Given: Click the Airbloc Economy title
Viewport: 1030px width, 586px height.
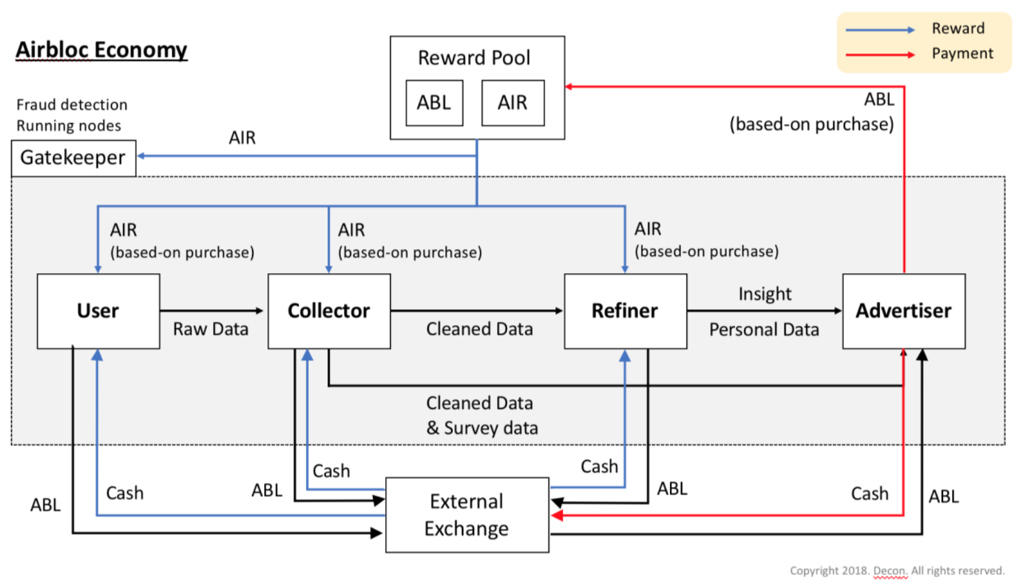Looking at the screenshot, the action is tap(102, 50).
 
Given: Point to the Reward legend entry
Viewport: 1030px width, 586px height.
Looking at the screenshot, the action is tap(915, 29).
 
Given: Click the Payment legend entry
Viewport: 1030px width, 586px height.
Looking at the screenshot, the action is tap(920, 54).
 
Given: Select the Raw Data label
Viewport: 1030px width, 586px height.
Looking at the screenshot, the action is tap(210, 329).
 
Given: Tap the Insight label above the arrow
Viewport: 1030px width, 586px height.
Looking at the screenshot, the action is tap(765, 294).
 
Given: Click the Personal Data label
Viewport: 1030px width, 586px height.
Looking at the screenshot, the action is tap(765, 329).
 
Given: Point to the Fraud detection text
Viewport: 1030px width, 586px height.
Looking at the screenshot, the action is tap(72, 105).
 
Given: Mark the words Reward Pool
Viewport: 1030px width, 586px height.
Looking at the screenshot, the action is tap(474, 58).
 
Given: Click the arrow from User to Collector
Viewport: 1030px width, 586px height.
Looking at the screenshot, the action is tap(212, 311).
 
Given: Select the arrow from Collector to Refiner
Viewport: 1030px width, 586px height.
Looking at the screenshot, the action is tap(477, 311).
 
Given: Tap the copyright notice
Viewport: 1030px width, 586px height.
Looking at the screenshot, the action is tap(897, 571).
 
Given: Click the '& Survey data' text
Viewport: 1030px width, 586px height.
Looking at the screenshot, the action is tap(482, 428).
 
